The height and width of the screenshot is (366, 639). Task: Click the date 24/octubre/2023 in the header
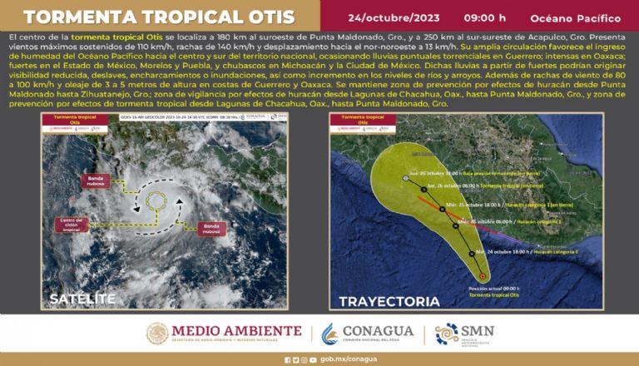(394, 17)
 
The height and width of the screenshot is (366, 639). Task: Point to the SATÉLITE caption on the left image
(82, 299)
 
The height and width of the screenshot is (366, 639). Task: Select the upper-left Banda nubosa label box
(96, 181)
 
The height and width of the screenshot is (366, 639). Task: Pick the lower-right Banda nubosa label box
(211, 228)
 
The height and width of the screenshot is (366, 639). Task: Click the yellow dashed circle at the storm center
(156, 200)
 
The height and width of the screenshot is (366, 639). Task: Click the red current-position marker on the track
(482, 276)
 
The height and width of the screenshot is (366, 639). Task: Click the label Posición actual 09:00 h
(488, 287)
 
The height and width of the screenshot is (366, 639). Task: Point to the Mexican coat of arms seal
(157, 333)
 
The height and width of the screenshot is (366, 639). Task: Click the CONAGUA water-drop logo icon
(330, 334)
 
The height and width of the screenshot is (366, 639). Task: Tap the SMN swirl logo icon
(447, 333)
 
